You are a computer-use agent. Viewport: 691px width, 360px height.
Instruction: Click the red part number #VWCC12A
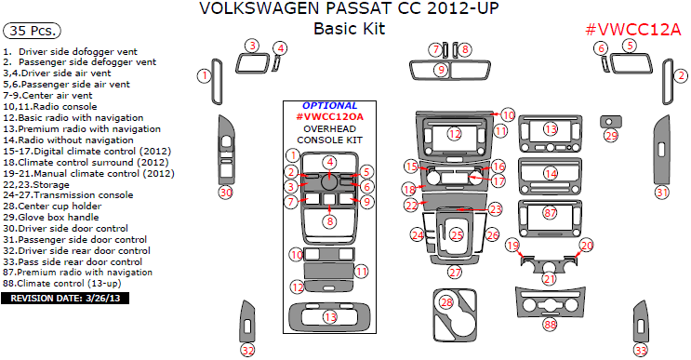[632, 30]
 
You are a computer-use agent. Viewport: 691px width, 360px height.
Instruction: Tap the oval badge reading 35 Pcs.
[32, 31]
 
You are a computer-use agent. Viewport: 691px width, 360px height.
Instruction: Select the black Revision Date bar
[65, 299]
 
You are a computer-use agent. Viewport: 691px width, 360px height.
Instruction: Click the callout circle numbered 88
[550, 325]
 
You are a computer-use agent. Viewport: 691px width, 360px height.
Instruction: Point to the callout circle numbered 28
[446, 302]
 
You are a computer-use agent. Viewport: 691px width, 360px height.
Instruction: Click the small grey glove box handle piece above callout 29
[611, 122]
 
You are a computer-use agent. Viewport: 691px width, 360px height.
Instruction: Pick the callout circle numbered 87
[550, 213]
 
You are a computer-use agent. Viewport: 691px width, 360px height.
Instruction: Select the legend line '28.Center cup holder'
[52, 207]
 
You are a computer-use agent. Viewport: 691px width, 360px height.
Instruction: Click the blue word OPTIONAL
[329, 106]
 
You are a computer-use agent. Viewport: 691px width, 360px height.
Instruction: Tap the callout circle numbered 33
[641, 351]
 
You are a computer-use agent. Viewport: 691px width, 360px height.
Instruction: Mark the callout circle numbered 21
[549, 278]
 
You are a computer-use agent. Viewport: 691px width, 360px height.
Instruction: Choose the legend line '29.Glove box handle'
[50, 218]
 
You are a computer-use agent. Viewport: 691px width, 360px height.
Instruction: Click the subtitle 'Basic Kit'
[349, 29]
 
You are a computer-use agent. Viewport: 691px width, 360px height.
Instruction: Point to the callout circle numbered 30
[226, 193]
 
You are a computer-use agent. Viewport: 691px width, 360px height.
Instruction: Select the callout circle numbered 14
[551, 174]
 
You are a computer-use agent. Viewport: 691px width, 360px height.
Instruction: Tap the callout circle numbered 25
[457, 234]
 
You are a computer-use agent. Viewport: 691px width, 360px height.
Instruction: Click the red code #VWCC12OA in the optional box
[329, 117]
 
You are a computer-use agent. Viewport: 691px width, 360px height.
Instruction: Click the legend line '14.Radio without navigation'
[68, 140]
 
